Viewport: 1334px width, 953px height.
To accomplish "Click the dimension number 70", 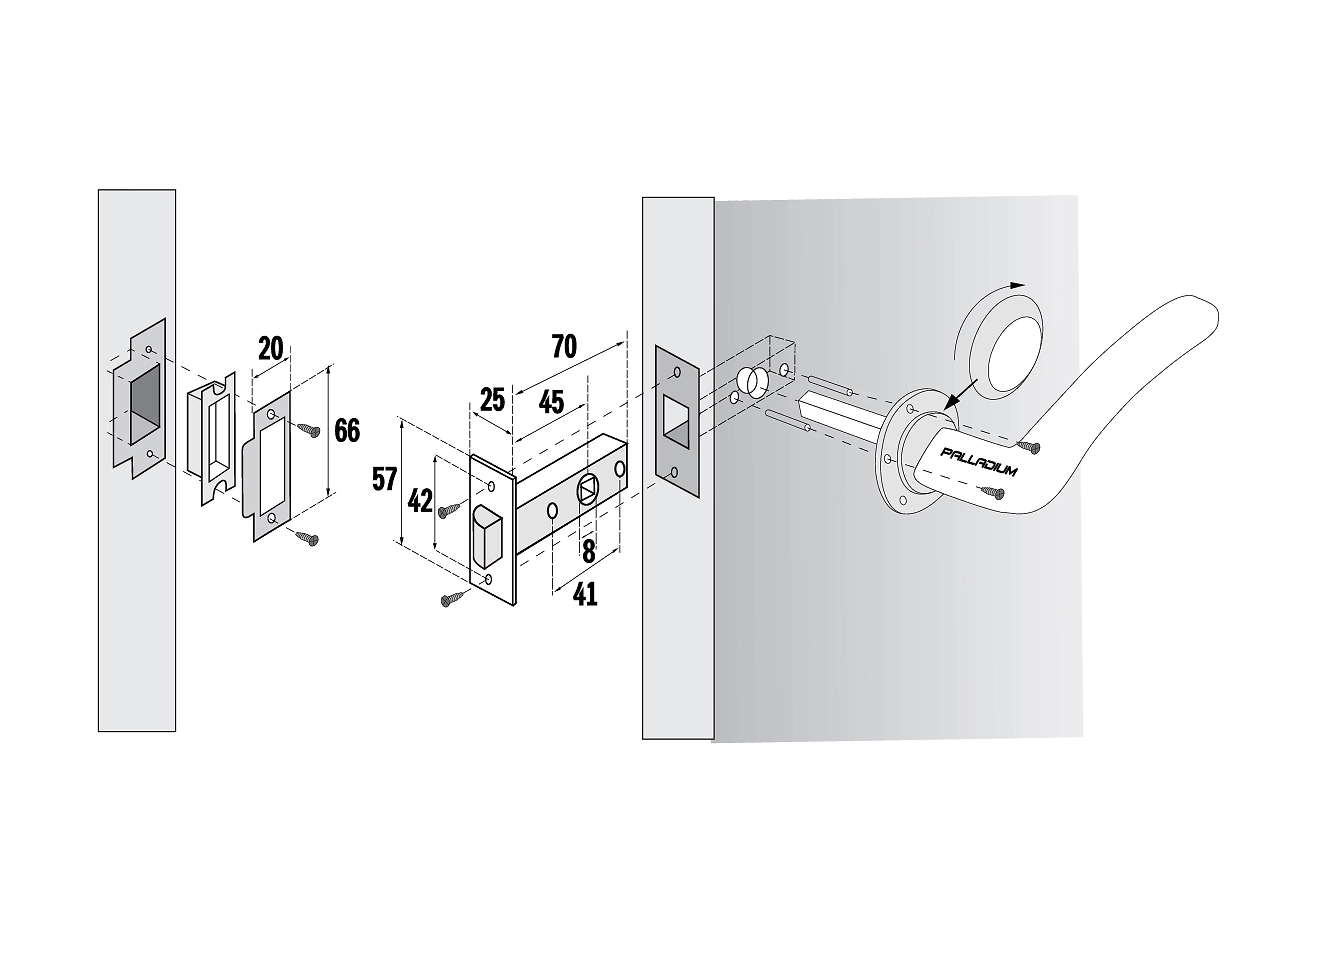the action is point(563,347).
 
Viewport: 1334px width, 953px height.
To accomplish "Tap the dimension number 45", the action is point(551,403).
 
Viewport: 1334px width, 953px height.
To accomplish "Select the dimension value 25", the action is point(492,400).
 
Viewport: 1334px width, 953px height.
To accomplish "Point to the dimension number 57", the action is point(384,479).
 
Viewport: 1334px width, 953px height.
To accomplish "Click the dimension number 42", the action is point(420,502).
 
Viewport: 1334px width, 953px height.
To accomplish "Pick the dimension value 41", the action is point(584,594).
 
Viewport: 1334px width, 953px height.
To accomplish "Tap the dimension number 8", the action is point(588,552).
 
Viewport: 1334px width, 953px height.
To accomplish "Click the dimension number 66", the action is point(347,431).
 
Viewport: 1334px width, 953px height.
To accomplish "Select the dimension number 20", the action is point(270,348).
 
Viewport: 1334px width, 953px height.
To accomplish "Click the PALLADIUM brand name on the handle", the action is point(978,462).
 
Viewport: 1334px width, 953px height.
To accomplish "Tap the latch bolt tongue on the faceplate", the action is point(488,535).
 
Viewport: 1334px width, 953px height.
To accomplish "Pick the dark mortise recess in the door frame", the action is point(145,405).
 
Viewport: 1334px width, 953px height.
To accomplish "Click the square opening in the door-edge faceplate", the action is point(677,421).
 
